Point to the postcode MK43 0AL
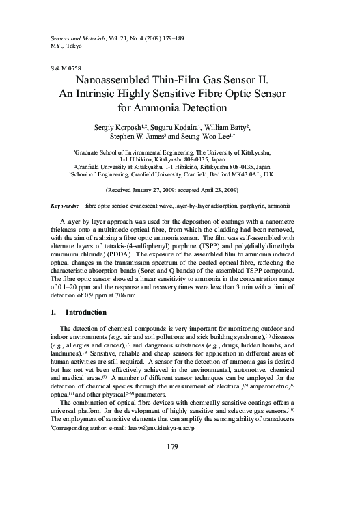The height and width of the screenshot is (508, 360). coord(267,174)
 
